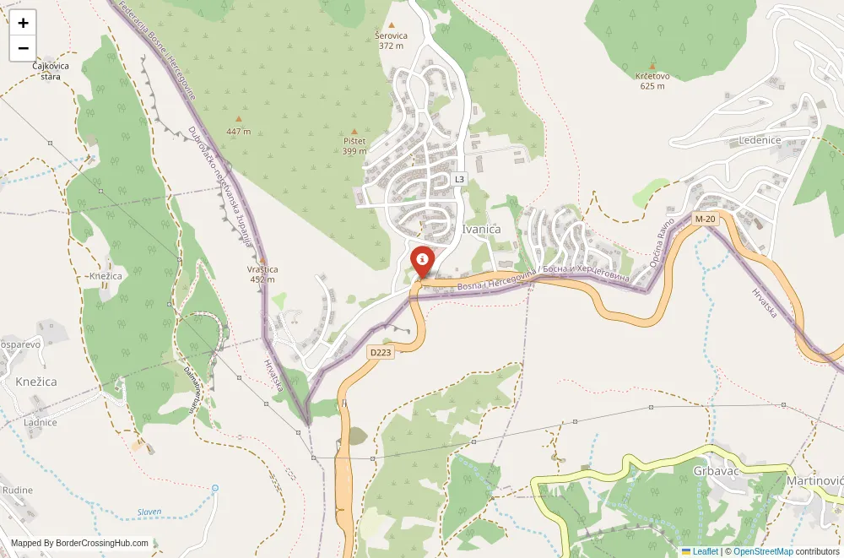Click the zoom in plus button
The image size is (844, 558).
(x=23, y=24)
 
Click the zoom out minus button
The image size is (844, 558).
(x=23, y=48)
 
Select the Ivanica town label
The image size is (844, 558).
(x=481, y=229)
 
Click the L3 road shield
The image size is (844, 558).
(x=459, y=179)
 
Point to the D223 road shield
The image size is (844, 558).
(x=381, y=352)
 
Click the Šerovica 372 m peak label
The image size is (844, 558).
(x=392, y=41)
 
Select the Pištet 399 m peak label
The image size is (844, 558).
(x=354, y=145)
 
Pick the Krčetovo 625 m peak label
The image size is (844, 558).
(x=652, y=80)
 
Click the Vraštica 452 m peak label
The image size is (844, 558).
(x=262, y=274)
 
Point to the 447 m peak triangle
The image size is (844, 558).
(x=239, y=120)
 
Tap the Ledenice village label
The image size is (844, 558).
(x=760, y=140)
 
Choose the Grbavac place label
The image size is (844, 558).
(x=716, y=470)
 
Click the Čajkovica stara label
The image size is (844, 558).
(x=46, y=71)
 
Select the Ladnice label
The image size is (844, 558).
(x=41, y=422)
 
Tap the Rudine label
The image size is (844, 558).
(x=17, y=490)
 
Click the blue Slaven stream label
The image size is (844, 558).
(x=149, y=512)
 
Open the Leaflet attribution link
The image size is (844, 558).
(x=705, y=551)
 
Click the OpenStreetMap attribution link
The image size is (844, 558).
(x=763, y=551)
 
